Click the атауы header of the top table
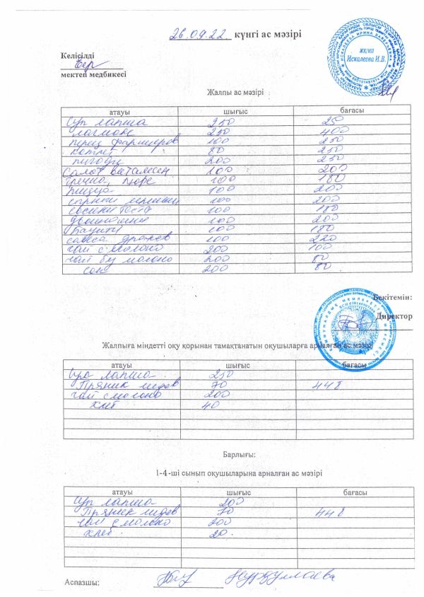(x=118, y=112)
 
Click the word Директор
(x=395, y=317)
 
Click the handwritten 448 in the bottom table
(x=329, y=511)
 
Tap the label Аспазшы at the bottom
(x=81, y=582)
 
